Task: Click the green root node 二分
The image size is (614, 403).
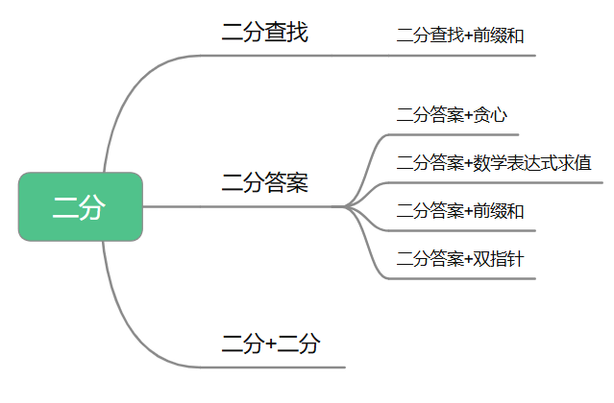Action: pos(81,206)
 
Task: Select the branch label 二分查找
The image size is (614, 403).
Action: pos(264,32)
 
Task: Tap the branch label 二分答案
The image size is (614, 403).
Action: pos(264,182)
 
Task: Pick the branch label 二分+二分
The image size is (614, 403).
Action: pos(271,344)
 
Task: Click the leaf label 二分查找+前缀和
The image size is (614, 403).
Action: pos(460,36)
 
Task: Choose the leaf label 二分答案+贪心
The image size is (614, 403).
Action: pos(452,115)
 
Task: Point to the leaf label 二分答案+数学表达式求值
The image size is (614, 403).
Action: pos(494,163)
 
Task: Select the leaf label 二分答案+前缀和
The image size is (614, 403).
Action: pos(460,211)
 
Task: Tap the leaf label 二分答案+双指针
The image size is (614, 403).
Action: pos(460,259)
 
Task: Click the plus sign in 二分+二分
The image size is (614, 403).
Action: pos(271,344)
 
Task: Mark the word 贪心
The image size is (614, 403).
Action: pos(490,115)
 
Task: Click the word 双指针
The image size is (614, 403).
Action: pos(499,259)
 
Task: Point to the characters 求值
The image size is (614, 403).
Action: pos(575,163)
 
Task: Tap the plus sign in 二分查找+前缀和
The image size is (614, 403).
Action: pos(469,36)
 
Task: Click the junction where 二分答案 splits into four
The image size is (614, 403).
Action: pos(346,206)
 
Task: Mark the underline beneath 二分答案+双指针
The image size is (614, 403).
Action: pos(462,278)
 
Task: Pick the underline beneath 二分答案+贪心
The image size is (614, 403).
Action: pos(454,135)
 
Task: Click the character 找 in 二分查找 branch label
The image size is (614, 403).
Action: pos(298,32)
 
